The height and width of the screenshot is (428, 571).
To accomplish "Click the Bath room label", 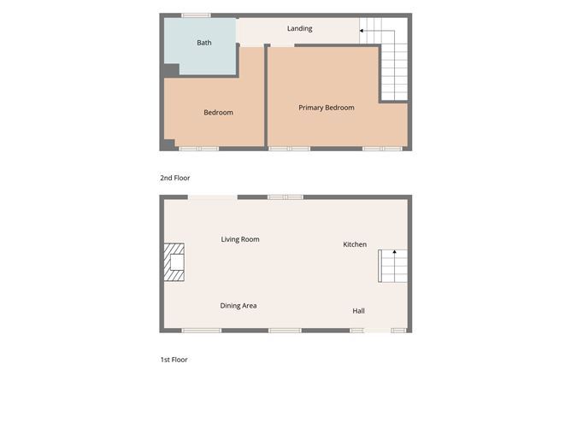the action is click(204, 43).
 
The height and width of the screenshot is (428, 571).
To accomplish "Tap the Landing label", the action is click(300, 28).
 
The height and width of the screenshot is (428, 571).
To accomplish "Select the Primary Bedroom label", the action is click(327, 108).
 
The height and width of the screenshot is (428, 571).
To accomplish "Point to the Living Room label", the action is click(240, 239).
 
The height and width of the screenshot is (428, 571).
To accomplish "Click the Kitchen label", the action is click(355, 244).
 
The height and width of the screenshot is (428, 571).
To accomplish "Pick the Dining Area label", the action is click(238, 306).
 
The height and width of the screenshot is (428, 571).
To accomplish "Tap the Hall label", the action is click(358, 311).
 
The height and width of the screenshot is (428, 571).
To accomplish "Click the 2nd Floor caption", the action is click(174, 178).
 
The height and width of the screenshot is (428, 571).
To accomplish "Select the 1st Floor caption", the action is click(174, 360).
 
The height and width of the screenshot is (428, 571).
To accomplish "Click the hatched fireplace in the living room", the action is click(174, 262).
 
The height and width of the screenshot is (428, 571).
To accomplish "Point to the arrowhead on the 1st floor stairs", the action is click(394, 251).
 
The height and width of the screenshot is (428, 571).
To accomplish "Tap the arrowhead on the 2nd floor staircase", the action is click(362, 31).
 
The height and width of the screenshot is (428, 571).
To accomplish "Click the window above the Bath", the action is click(196, 15).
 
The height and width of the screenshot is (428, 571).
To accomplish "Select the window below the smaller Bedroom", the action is click(198, 149).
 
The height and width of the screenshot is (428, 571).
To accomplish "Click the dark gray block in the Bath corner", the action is click(171, 70).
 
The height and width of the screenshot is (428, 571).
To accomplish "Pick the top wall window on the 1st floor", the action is click(285, 197).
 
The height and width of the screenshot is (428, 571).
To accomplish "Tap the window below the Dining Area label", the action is click(202, 331).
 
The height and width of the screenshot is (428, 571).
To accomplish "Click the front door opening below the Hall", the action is click(378, 331).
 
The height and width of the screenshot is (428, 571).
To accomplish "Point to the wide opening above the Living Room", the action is click(213, 197).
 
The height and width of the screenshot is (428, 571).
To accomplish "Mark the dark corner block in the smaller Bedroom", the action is click(169, 144).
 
